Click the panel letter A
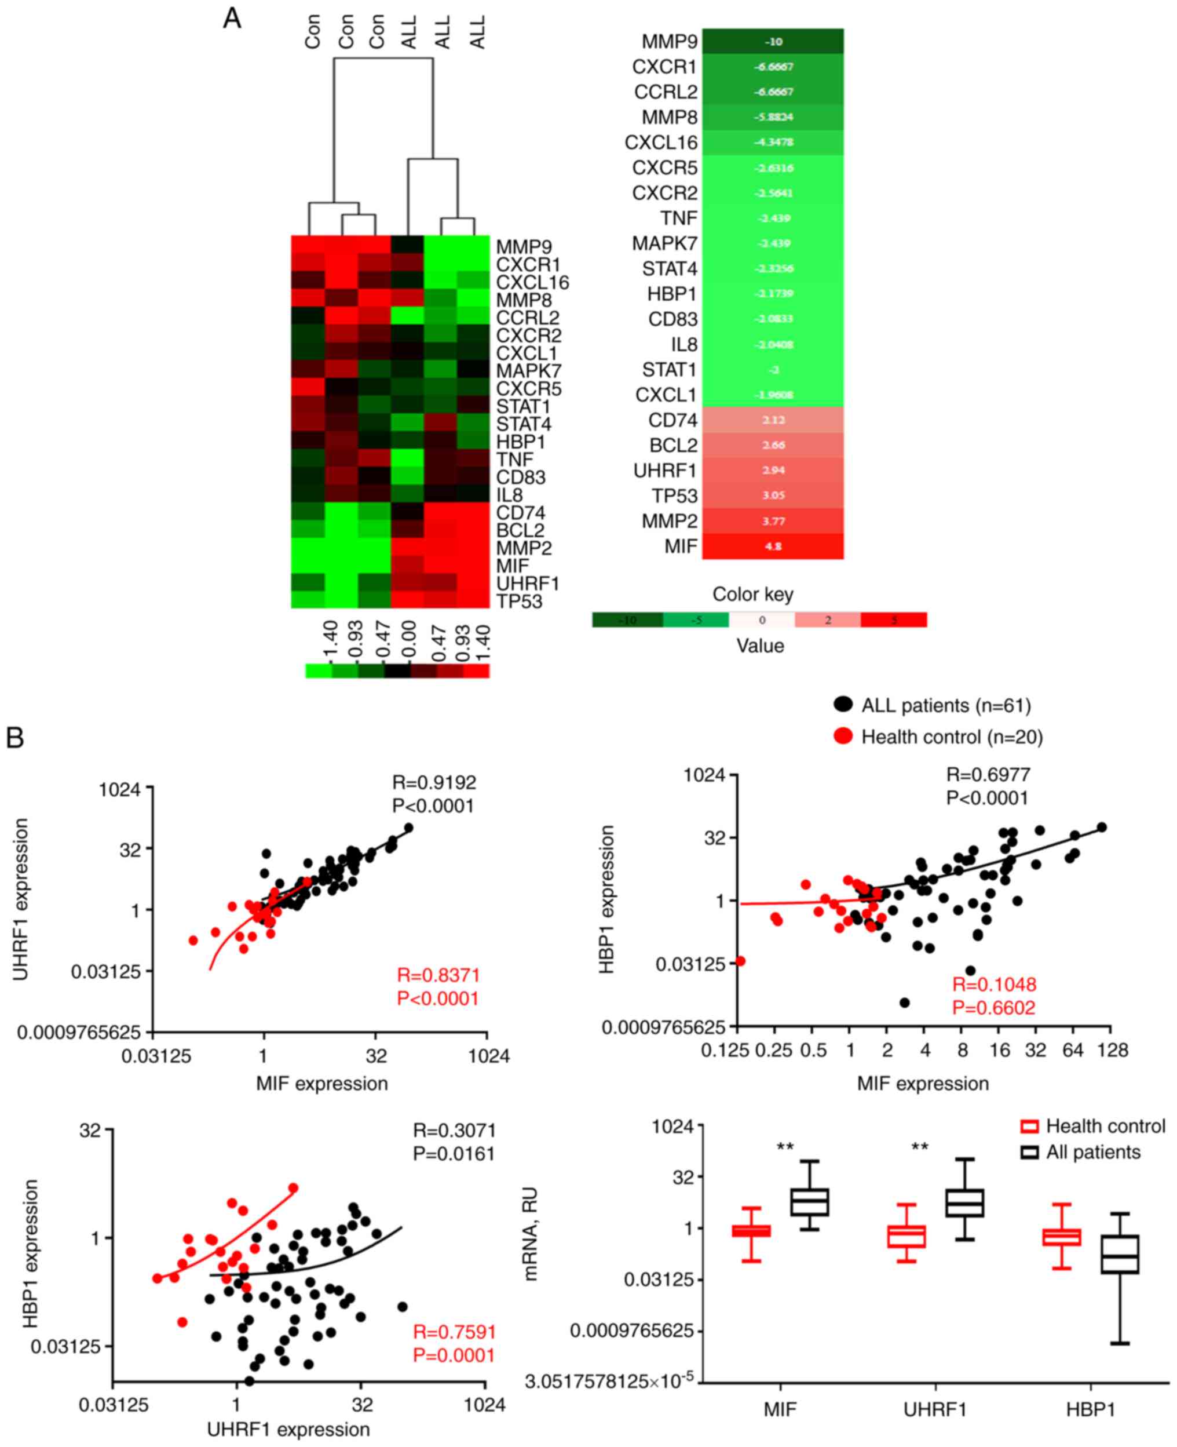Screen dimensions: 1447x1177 click(x=232, y=19)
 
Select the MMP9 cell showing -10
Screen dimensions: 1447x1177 click(x=773, y=41)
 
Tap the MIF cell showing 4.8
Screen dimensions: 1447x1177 click(x=773, y=546)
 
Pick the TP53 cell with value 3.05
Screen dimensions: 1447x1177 click(x=773, y=495)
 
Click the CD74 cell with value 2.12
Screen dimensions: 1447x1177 click(x=773, y=420)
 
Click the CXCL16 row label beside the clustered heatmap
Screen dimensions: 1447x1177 click(x=532, y=282)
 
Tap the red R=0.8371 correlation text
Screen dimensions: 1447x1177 click(x=438, y=975)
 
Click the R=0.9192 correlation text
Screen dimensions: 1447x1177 click(x=434, y=782)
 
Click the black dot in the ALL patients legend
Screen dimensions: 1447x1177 click(x=843, y=705)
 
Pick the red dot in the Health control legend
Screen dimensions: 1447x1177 click(x=843, y=736)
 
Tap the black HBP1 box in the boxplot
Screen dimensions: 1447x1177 click(x=1120, y=1255)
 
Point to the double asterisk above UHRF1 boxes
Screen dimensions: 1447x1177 click(x=920, y=1148)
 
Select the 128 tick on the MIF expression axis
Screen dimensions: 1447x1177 click(x=1113, y=1050)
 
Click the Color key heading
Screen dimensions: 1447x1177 click(x=752, y=594)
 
